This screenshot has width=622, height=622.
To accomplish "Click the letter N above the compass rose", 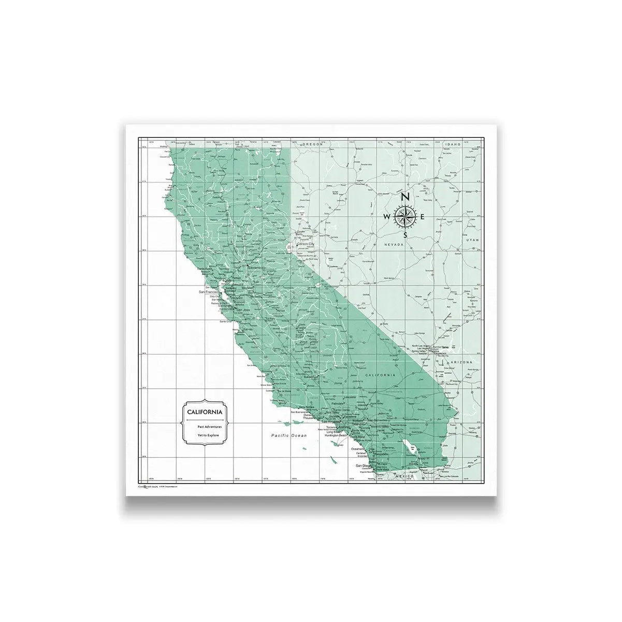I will (x=406, y=197).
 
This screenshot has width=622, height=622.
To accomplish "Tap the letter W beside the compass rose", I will (x=387, y=217).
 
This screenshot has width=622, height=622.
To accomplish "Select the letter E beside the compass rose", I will (x=424, y=217).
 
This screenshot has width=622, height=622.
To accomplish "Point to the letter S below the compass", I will (x=406, y=235).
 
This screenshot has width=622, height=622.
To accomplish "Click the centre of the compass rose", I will (x=406, y=216).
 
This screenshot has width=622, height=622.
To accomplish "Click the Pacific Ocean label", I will (x=289, y=436).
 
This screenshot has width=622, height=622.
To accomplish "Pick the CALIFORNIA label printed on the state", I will (x=380, y=375).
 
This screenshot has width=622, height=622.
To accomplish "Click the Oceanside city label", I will (x=358, y=449).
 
